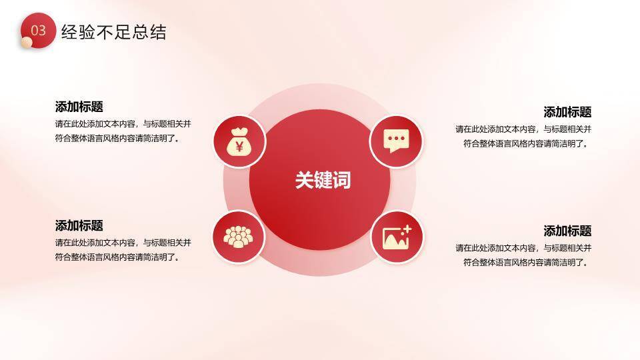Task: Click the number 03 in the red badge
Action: pyautogui.click(x=39, y=31)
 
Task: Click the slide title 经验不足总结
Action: pyautogui.click(x=113, y=32)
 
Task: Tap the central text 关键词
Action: pyautogui.click(x=323, y=180)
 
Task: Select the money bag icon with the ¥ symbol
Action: pyautogui.click(x=239, y=141)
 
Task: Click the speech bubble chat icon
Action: pyautogui.click(x=397, y=141)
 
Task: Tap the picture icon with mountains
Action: pyautogui.click(x=397, y=237)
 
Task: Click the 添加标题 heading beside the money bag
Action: pyautogui.click(x=79, y=107)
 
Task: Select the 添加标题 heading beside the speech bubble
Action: pyautogui.click(x=567, y=112)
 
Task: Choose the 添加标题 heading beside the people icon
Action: pyautogui.click(x=79, y=225)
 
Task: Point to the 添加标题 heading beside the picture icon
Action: pyautogui.click(x=567, y=231)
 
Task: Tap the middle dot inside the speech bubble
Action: pyautogui.click(x=397, y=139)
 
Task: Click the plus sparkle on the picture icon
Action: pyautogui.click(x=407, y=229)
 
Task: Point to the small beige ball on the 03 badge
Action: pyautogui.click(x=26, y=43)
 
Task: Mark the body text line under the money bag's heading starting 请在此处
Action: pyautogui.click(x=123, y=123)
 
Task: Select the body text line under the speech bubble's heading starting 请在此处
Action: pyautogui.click(x=523, y=129)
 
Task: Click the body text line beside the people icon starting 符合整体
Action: pyautogui.click(x=118, y=257)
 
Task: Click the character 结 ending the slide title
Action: pyautogui.click(x=159, y=32)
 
